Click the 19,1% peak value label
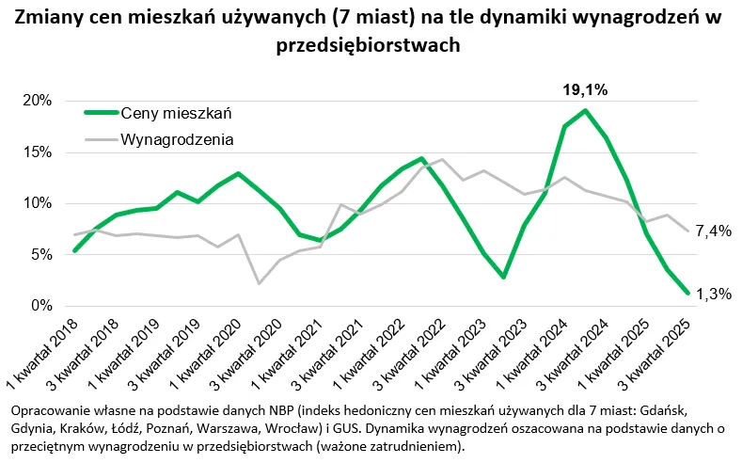[585, 90]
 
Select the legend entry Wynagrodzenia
[177, 139]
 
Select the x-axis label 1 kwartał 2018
[42, 354]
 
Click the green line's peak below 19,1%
[585, 111]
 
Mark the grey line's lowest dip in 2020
[259, 283]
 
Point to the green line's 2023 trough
[504, 278]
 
